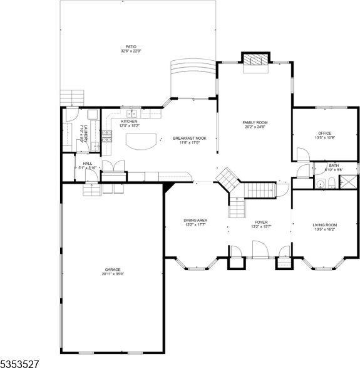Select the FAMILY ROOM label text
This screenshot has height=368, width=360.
[255, 122]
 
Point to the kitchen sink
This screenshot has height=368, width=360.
[132, 113]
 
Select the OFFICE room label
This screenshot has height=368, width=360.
[324, 133]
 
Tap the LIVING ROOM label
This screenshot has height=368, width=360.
[325, 225]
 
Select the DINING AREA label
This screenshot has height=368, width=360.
[195, 220]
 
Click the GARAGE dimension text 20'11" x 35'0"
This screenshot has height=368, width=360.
[113, 273]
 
